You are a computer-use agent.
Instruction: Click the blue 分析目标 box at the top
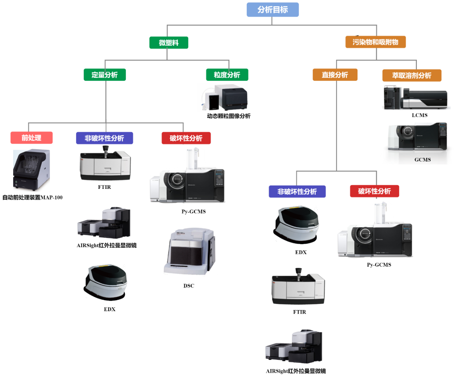[x=272, y=10]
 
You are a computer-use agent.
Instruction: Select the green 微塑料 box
[x=169, y=43]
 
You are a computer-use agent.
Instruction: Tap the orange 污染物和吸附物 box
[x=375, y=42]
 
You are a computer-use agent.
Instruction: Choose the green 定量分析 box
[x=104, y=75]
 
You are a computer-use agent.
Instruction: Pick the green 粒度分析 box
[x=227, y=75]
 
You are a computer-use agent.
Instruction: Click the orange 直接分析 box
[x=335, y=75]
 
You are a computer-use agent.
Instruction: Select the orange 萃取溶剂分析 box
[x=411, y=75]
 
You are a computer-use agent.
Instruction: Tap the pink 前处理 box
[x=31, y=138]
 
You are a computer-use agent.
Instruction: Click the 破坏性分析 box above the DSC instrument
[x=186, y=138]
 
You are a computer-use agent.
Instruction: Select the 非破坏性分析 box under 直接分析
[x=297, y=191]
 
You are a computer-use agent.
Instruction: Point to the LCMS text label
[x=419, y=115]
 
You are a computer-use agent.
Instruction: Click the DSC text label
[x=189, y=286]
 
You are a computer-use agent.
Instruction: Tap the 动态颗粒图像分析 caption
[x=229, y=116]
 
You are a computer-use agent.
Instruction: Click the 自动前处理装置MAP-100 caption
[x=32, y=197]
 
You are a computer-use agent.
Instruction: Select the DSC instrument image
[x=190, y=252]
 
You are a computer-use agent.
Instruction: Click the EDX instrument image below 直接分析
[x=296, y=225]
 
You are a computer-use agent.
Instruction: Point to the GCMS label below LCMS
[x=422, y=159]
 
